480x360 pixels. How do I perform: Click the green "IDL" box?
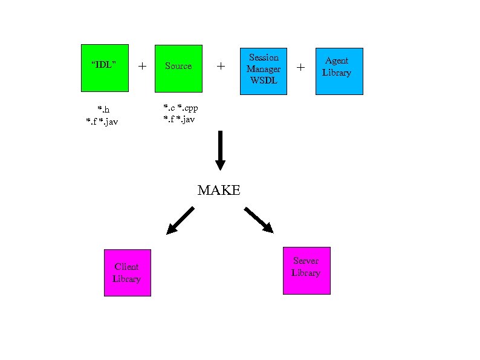click(105, 68)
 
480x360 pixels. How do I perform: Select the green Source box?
click(178, 68)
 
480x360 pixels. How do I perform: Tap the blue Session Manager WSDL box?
click(264, 71)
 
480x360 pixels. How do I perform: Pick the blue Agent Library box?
click(339, 71)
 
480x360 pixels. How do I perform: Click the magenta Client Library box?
click(127, 272)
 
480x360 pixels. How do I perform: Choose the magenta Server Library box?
click(306, 270)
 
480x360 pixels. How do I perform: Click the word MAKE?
click(219, 191)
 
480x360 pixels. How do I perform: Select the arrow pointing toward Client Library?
click(180, 220)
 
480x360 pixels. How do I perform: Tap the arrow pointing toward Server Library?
click(259, 220)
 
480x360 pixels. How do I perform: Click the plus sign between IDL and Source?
click(142, 66)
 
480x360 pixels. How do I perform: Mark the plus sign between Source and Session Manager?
click(221, 66)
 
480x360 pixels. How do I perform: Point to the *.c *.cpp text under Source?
click(181, 108)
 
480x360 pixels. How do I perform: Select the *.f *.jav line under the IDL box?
click(102, 122)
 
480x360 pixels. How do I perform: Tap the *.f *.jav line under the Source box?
click(180, 119)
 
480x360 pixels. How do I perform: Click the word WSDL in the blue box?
click(264, 80)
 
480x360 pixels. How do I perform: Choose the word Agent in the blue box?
click(337, 61)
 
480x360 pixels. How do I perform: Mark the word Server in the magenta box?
click(306, 261)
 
